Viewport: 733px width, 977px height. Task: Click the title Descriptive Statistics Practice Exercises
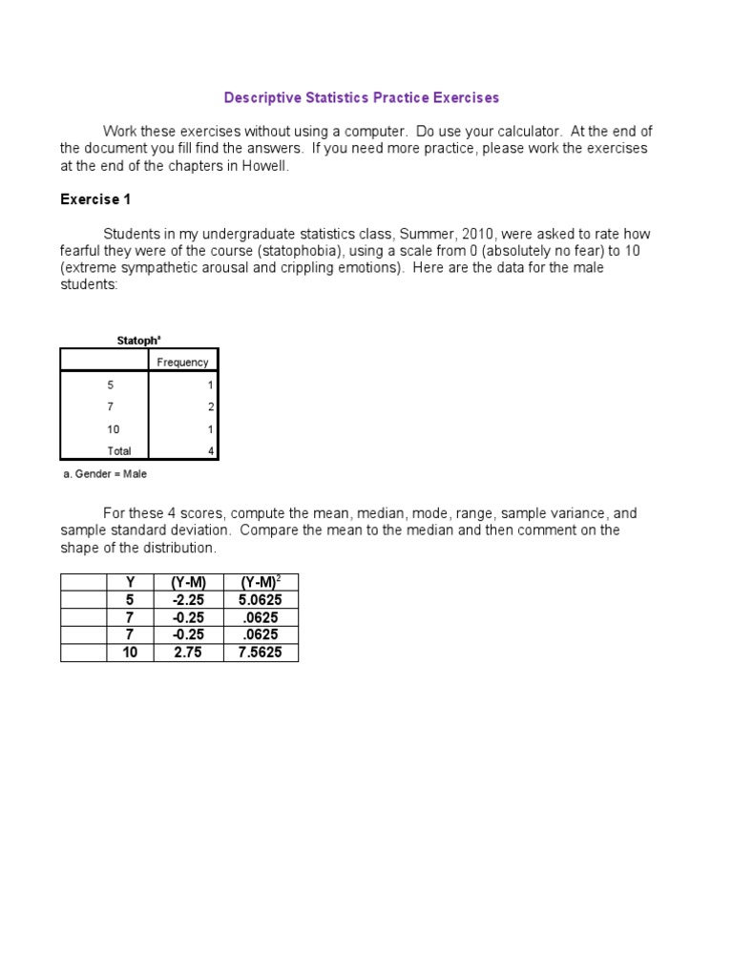tap(361, 97)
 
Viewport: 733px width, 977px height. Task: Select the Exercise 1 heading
tap(95, 199)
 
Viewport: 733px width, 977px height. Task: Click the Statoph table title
tap(138, 340)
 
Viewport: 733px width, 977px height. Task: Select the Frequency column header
tap(182, 363)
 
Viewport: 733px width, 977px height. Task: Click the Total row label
tap(119, 451)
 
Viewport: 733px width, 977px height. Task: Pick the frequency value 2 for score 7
tap(211, 407)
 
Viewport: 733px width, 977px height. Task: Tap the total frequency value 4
tap(211, 451)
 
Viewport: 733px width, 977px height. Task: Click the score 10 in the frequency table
tap(114, 429)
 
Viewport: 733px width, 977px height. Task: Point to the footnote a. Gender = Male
tap(104, 473)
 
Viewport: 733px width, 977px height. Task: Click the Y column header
tap(130, 582)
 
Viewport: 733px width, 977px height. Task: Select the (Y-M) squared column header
tap(260, 582)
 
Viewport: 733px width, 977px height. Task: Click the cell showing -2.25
tap(188, 600)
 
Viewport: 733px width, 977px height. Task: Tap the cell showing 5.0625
tap(260, 600)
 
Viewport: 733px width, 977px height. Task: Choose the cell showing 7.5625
tap(260, 654)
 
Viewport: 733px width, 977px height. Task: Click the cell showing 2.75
tap(188, 654)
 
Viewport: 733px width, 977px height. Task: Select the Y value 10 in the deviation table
tap(130, 654)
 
